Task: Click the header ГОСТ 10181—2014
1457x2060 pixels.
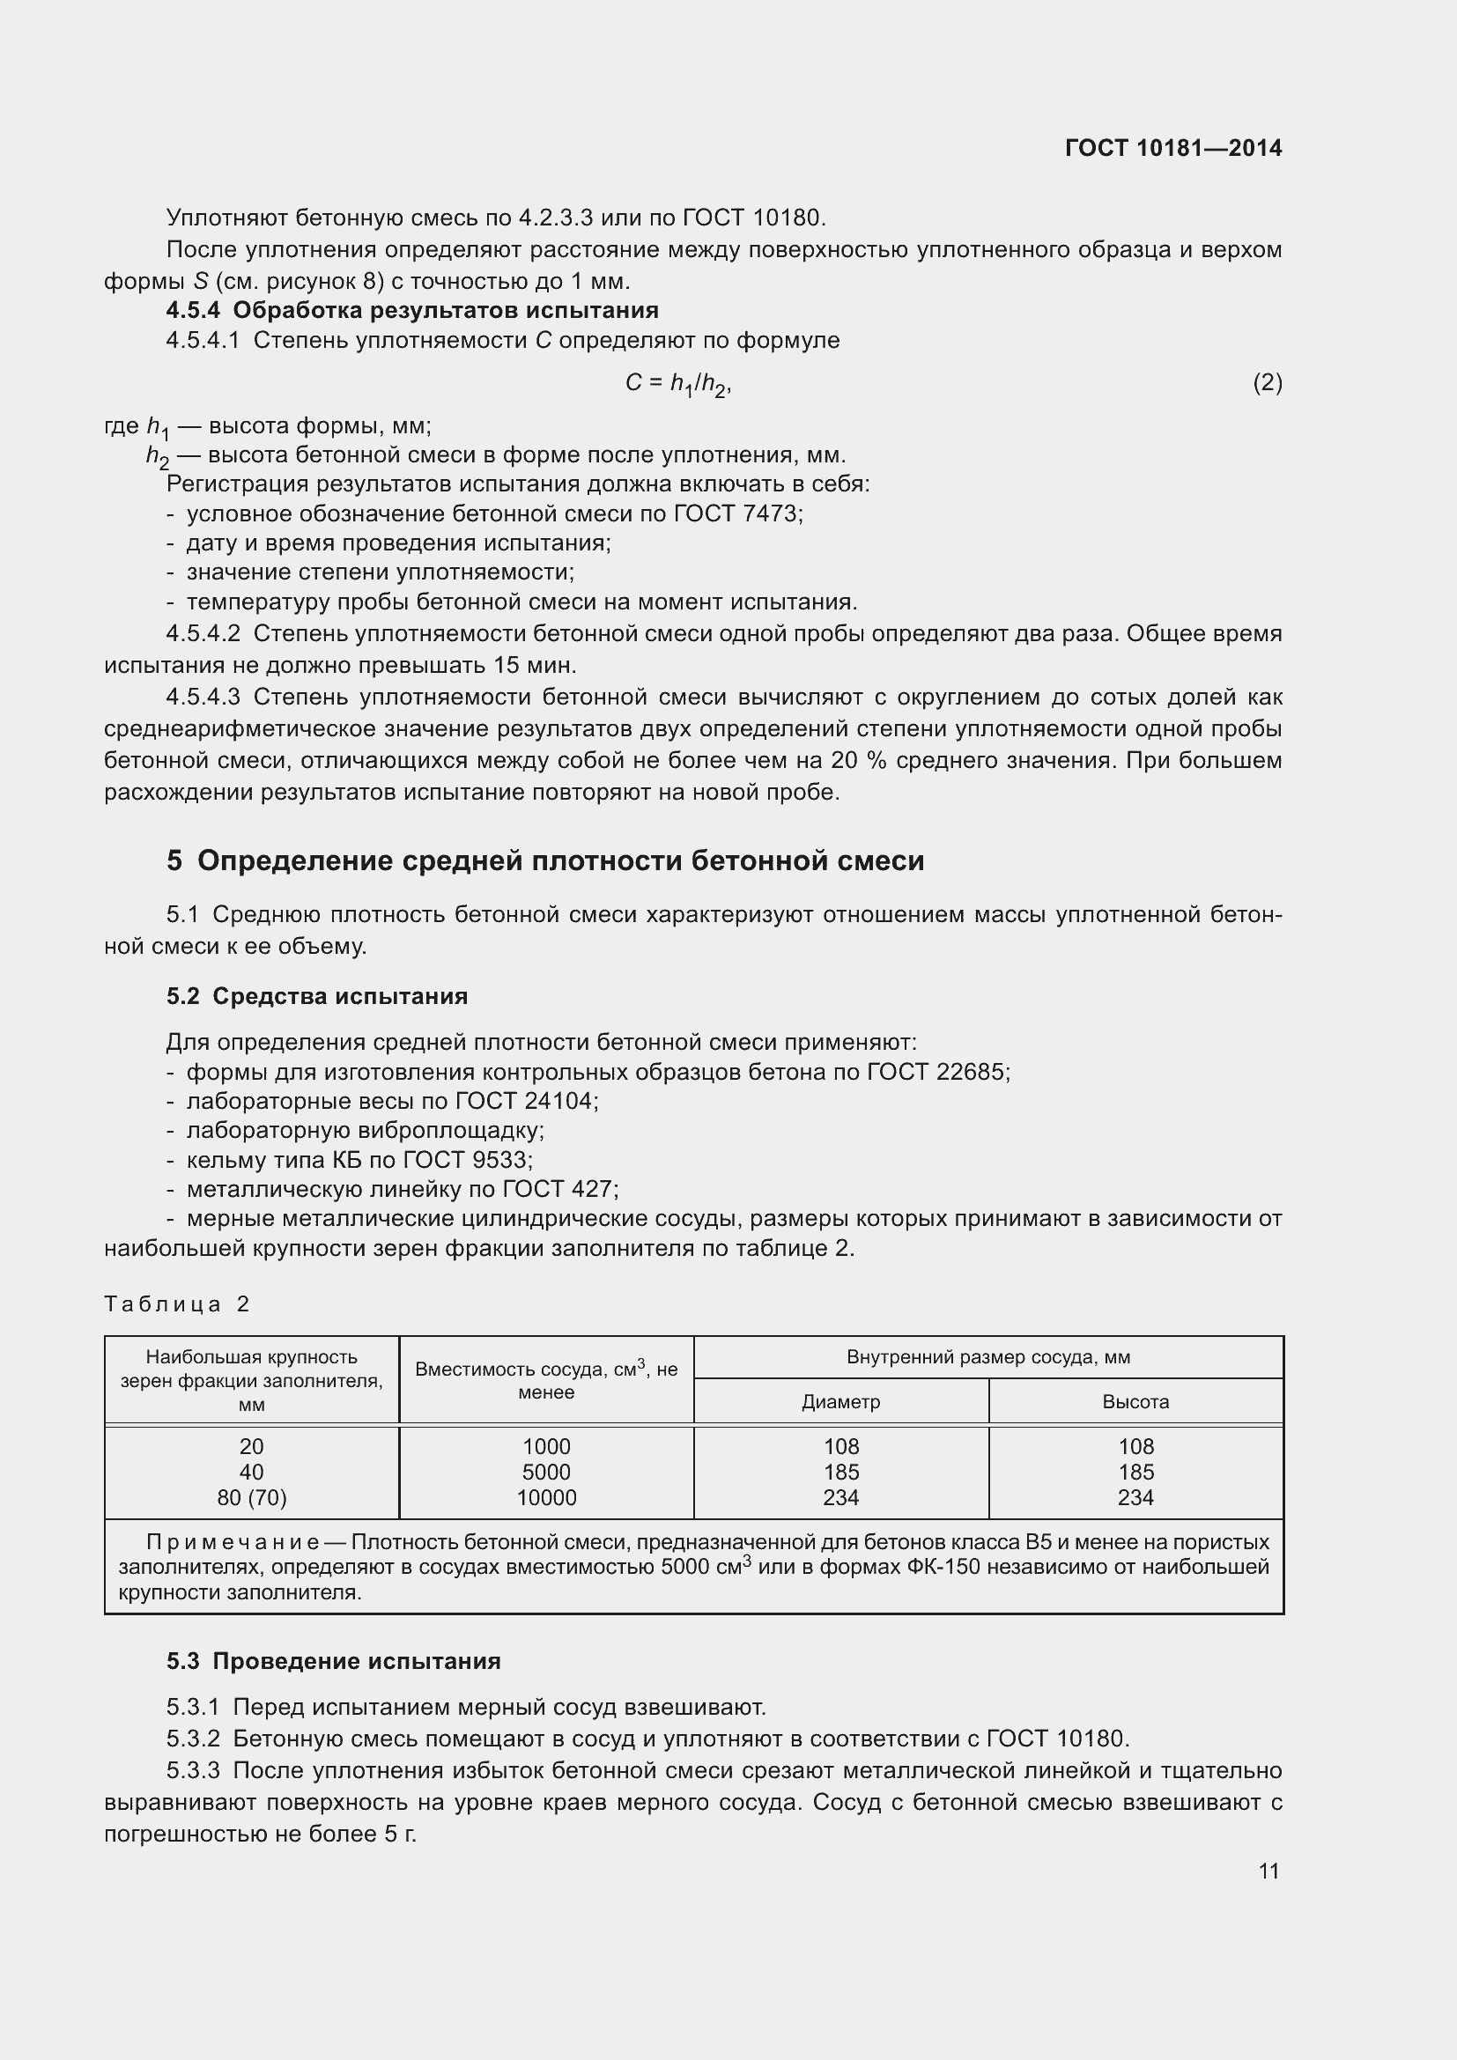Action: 1172,148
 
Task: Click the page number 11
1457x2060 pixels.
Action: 1268,1871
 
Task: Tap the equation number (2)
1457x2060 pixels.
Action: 1267,383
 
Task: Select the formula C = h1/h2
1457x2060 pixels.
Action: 678,384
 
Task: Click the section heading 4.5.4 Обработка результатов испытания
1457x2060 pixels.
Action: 411,310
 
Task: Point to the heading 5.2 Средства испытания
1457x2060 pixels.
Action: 317,996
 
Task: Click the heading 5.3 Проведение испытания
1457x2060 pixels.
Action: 333,1661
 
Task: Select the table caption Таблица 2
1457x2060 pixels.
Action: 177,1303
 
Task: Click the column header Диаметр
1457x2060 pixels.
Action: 840,1401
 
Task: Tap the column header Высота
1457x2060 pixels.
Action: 1135,1401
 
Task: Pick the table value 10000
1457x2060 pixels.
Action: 546,1497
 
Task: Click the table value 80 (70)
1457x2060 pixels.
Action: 251,1497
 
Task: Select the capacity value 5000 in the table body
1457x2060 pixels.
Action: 546,1473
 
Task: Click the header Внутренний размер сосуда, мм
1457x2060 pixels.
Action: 987,1357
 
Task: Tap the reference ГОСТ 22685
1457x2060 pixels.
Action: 937,1072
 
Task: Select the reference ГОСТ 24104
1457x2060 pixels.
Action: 526,1101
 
